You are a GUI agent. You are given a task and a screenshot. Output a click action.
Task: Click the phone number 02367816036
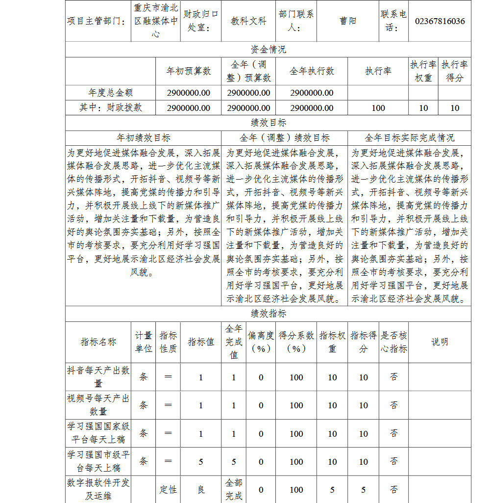[x=440, y=21]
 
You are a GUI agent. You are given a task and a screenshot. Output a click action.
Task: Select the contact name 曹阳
[x=348, y=21]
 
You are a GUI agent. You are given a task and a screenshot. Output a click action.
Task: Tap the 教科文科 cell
[x=248, y=21]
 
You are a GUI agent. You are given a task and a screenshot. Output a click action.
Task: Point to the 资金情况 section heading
[x=268, y=50]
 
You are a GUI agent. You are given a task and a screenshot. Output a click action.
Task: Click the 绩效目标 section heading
[x=268, y=123]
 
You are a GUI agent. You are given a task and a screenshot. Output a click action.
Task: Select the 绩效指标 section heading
[x=268, y=314]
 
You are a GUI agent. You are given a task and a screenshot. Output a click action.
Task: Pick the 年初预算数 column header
[x=189, y=71]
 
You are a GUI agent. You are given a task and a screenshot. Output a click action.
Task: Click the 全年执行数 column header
[x=312, y=71]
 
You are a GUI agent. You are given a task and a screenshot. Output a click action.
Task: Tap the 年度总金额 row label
[x=110, y=93]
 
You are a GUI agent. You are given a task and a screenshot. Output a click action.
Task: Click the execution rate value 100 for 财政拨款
[x=378, y=108]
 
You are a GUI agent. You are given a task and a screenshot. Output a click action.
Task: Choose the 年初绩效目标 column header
[x=143, y=138]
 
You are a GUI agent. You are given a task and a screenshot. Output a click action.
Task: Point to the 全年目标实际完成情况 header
[x=409, y=138]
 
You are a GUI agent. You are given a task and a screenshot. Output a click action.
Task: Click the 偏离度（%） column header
[x=261, y=342]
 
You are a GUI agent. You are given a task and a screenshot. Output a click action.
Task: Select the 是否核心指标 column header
[x=393, y=342]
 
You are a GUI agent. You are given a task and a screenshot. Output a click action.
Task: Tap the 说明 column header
[x=440, y=342]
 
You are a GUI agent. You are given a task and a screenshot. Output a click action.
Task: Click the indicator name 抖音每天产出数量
[x=98, y=377]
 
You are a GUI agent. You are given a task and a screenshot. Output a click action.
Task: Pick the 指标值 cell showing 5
[x=201, y=462]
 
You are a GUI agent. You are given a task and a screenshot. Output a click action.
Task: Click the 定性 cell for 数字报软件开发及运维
[x=168, y=490]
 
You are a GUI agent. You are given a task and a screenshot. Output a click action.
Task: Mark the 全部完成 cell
[x=234, y=490]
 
